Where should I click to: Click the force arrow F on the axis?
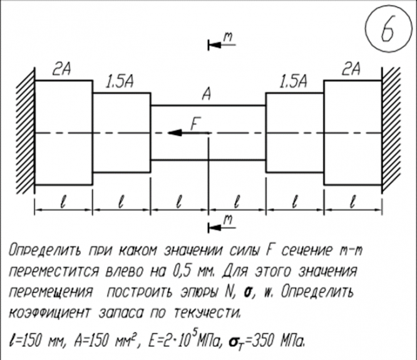click(182, 133)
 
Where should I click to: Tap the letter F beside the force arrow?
click(195, 123)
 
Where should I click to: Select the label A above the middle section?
click(205, 95)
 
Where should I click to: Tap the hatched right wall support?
click(389, 133)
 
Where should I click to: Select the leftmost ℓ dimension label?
click(63, 202)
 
